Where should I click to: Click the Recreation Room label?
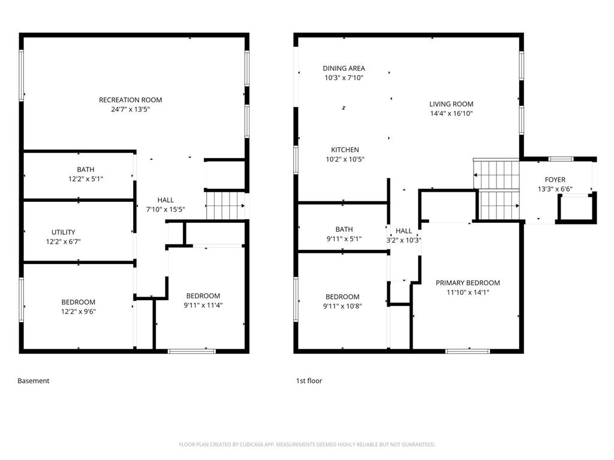(x=130, y=100)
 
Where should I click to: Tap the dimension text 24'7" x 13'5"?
(x=130, y=110)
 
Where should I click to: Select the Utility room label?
(x=63, y=232)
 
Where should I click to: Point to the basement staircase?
(x=225, y=205)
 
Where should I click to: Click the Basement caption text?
(x=34, y=381)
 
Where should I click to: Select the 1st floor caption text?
(x=309, y=381)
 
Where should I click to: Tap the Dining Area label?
(x=344, y=68)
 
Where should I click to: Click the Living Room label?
(x=451, y=104)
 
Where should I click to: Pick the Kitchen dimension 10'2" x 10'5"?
(x=345, y=159)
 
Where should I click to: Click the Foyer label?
(x=555, y=180)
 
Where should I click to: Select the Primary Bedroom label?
(x=468, y=283)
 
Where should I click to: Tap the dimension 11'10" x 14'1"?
(x=468, y=292)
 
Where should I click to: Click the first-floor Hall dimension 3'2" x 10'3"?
(x=404, y=240)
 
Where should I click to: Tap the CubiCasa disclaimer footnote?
(x=307, y=444)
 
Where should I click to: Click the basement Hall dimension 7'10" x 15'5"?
(x=165, y=210)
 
